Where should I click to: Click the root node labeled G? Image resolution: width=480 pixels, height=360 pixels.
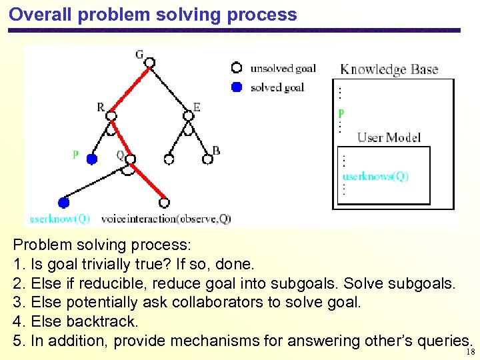pos(150,63)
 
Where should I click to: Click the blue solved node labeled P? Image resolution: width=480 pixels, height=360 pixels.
pos(92,159)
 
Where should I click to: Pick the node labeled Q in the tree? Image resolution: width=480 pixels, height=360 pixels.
pos(130,159)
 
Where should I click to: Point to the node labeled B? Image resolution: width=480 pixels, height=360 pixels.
pos(206,159)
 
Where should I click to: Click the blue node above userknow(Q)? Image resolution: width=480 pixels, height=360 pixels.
pos(64,202)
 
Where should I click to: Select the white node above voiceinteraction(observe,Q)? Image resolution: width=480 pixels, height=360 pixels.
pos(164,202)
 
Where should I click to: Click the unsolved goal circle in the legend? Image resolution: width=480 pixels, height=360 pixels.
pos(236,67)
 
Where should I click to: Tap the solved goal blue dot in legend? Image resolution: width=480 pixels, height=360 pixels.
pos(236,87)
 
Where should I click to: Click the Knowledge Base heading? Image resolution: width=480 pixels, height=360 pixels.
pos(389,69)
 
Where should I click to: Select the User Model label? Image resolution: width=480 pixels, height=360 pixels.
pos(389,137)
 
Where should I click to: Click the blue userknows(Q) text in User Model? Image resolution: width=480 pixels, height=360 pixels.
pos(375,177)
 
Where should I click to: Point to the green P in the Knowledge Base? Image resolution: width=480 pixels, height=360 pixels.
pos(341,113)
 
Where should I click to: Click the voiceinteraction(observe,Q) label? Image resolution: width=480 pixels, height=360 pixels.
pos(166,218)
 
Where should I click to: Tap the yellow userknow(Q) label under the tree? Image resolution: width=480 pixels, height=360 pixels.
pos(60,218)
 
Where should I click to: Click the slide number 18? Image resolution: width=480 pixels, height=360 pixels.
pos(471,352)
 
